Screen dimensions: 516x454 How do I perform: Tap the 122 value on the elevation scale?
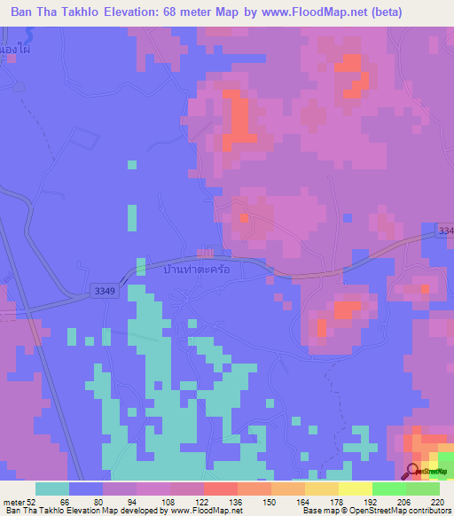click(x=203, y=501)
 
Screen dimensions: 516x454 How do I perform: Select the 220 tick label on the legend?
click(x=437, y=501)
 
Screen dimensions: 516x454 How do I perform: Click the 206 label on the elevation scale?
click(x=404, y=501)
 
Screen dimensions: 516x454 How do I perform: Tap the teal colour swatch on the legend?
click(x=52, y=489)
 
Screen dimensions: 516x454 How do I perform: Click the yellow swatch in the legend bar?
click(x=355, y=489)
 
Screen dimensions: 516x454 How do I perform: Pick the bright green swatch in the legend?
click(x=388, y=489)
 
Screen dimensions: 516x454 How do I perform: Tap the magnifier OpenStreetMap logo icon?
click(x=411, y=472)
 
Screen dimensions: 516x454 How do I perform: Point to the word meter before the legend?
click(x=15, y=501)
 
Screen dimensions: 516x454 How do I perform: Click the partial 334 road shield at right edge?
click(x=445, y=231)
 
